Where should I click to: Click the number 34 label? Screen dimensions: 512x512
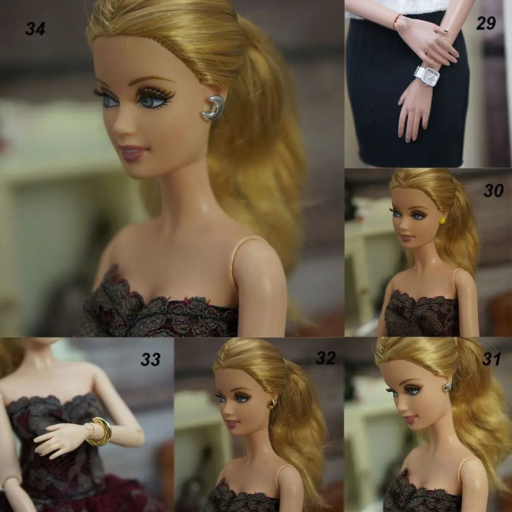click(35, 29)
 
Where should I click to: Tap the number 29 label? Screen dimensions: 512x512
click(486, 23)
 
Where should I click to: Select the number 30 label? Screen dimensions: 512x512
click(494, 190)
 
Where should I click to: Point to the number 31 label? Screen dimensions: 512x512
click(492, 359)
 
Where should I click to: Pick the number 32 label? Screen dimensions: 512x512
click(326, 358)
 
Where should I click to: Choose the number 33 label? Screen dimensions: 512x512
click(151, 359)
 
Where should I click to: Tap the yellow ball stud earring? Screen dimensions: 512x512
click(442, 221)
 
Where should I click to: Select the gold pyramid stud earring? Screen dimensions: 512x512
click(272, 403)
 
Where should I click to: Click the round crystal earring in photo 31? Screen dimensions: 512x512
click(447, 387)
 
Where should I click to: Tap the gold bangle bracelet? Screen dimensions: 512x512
click(102, 431)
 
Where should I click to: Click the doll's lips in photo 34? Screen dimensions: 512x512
click(133, 153)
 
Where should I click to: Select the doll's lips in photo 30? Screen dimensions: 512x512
click(407, 238)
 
